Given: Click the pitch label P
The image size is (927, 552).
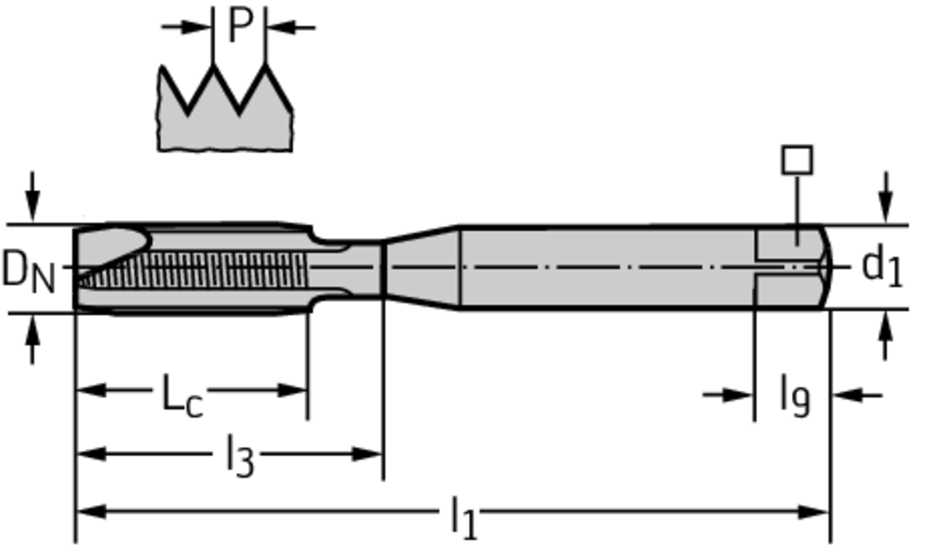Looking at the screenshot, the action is click(239, 26).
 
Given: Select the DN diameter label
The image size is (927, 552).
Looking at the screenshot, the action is click(28, 271).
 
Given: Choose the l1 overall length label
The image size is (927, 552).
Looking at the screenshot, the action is click(464, 518).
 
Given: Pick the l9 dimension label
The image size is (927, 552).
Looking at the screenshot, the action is click(795, 396).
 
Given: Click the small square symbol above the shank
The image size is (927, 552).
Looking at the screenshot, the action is click(797, 159).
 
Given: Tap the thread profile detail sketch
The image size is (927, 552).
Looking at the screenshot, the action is click(225, 107).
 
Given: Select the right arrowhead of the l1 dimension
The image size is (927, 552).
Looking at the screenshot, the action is click(814, 512).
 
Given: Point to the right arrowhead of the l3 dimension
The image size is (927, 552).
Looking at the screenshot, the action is click(368, 454).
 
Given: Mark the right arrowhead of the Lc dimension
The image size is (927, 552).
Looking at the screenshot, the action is click(292, 390).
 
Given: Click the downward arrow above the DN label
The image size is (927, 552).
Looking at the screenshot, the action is click(33, 196).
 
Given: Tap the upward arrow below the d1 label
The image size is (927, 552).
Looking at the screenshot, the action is click(885, 335).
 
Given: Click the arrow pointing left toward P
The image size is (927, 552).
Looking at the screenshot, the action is click(291, 26).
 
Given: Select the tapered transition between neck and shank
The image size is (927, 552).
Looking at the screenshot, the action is click(422, 267).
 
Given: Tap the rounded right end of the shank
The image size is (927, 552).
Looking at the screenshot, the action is click(826, 267).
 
